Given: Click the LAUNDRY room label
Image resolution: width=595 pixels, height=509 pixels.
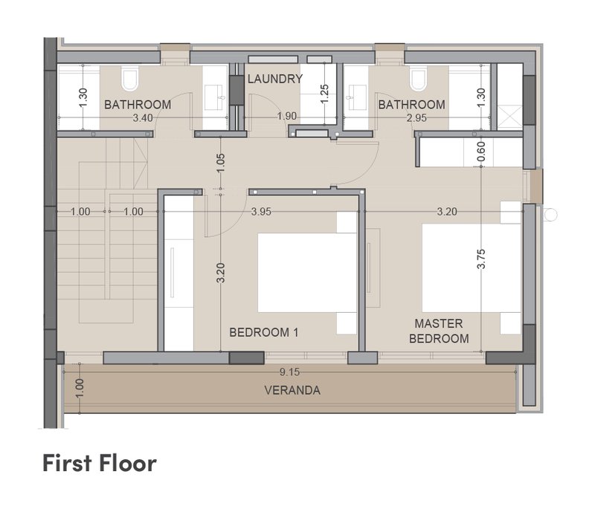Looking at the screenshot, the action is pyautogui.click(x=275, y=79).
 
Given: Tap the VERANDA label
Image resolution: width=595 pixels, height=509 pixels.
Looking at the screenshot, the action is pyautogui.click(x=292, y=390).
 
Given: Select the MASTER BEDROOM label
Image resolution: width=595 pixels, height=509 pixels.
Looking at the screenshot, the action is pyautogui.click(x=439, y=331).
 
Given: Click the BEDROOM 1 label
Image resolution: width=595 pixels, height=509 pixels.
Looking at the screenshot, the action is pyautogui.click(x=264, y=332).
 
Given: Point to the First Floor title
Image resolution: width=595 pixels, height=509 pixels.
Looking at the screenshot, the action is pyautogui.click(x=100, y=463).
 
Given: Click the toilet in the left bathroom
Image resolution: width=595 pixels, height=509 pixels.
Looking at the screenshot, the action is pyautogui.click(x=129, y=79).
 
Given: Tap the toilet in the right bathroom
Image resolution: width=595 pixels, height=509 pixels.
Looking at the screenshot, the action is pyautogui.click(x=418, y=79).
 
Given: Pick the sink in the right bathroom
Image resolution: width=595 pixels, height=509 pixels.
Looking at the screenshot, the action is pyautogui.click(x=356, y=97).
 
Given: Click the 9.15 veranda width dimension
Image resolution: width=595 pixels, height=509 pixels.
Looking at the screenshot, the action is pyautogui.click(x=289, y=372).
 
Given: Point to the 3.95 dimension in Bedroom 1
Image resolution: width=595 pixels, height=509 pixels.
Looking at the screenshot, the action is pyautogui.click(x=261, y=212).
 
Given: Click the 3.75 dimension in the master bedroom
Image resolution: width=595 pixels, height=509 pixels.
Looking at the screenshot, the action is pyautogui.click(x=480, y=259).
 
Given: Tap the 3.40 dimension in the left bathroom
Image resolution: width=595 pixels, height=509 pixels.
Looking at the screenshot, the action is pyautogui.click(x=143, y=118).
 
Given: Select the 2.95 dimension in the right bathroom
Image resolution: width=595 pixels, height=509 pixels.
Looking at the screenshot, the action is pyautogui.click(x=416, y=118).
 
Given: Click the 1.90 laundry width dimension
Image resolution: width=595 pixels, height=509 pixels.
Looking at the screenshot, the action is pyautogui.click(x=286, y=116).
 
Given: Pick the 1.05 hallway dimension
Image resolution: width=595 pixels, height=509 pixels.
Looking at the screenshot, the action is pyautogui.click(x=221, y=163).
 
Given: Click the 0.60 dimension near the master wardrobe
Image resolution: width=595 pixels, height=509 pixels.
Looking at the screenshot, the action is pyautogui.click(x=480, y=152).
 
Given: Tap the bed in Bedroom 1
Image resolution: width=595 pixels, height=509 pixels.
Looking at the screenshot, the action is pyautogui.click(x=307, y=273).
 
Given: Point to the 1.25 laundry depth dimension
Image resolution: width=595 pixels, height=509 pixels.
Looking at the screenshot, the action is pyautogui.click(x=324, y=94).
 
